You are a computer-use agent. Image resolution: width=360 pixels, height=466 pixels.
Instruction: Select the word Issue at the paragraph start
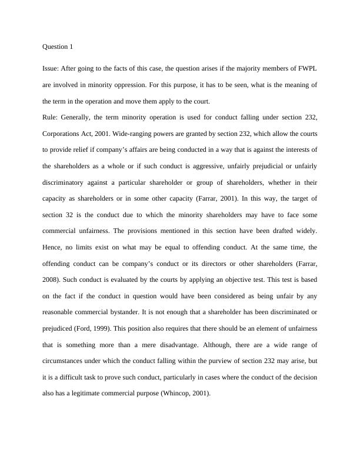tap(51, 69)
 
